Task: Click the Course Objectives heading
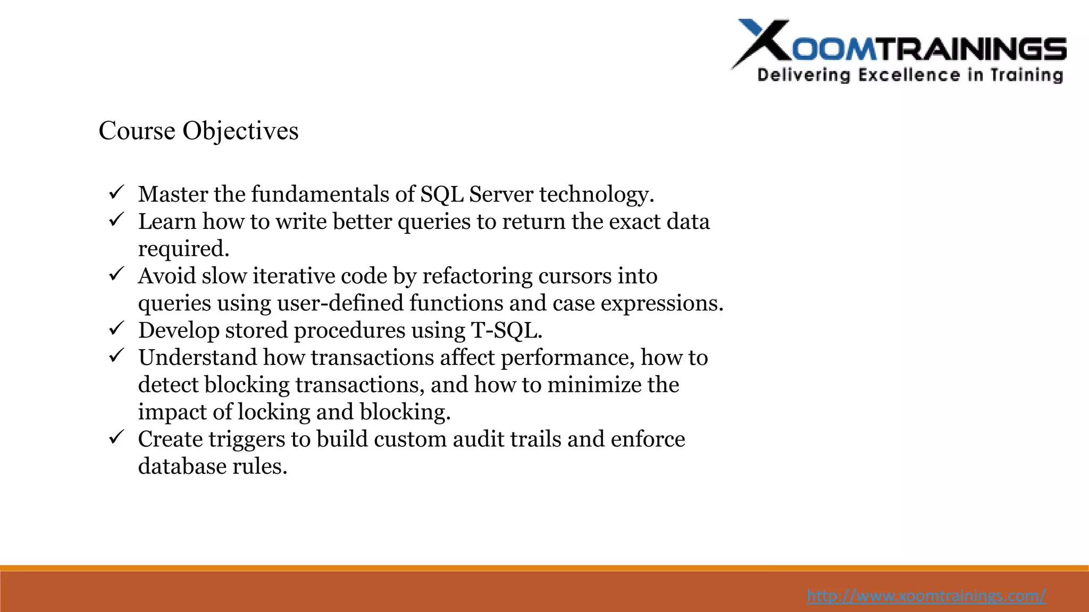point(198,131)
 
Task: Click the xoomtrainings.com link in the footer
point(926,596)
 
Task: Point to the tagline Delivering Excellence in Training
point(910,75)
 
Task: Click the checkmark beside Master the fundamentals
point(116,192)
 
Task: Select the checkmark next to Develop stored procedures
point(116,328)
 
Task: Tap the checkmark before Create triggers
point(116,437)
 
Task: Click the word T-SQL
point(506,330)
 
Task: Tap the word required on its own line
point(183,249)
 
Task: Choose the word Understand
point(197,358)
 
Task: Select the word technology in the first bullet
point(596,194)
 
